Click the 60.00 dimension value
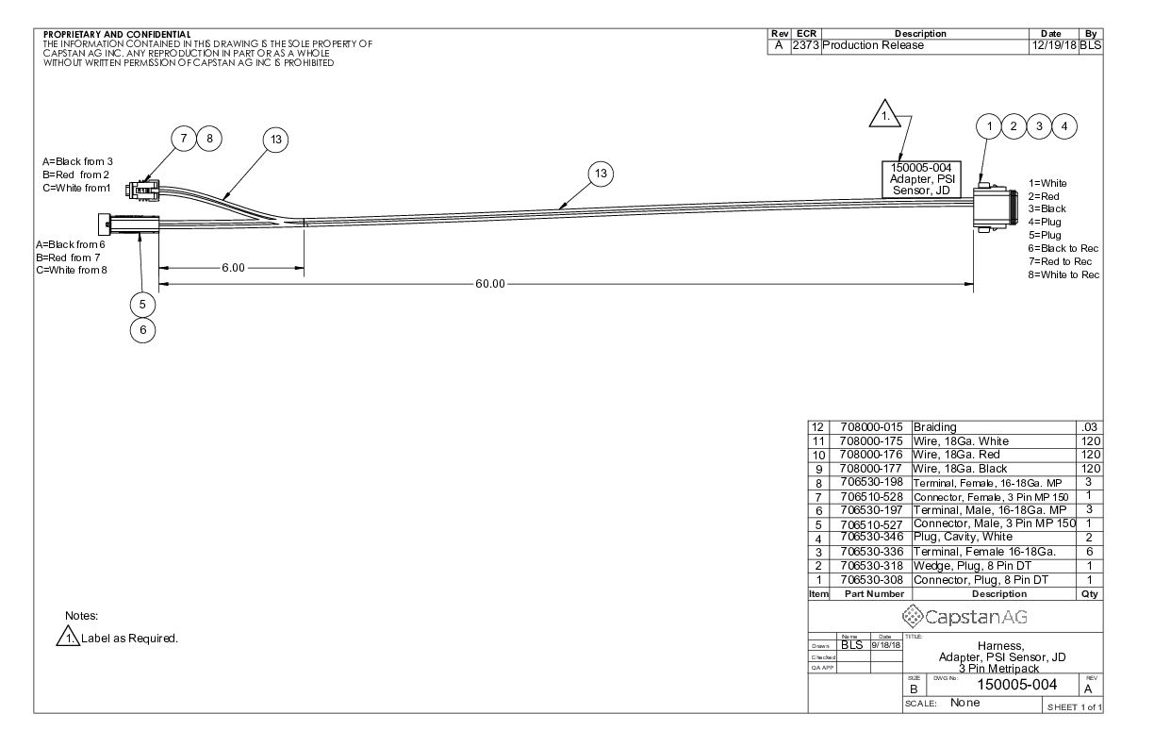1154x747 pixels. point(490,284)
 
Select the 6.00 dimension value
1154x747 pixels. point(234,268)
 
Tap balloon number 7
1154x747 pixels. point(183,138)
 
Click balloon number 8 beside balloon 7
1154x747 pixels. point(209,138)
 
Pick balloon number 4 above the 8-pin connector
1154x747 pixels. point(1063,125)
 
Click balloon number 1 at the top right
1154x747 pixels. point(989,125)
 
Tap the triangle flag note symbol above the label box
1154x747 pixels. point(884,117)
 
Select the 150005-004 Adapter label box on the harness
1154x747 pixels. point(920,179)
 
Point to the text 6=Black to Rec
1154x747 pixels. point(1063,248)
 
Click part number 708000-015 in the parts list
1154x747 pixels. point(868,427)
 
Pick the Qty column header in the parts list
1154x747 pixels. point(1091,594)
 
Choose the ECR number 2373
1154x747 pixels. point(807,45)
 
